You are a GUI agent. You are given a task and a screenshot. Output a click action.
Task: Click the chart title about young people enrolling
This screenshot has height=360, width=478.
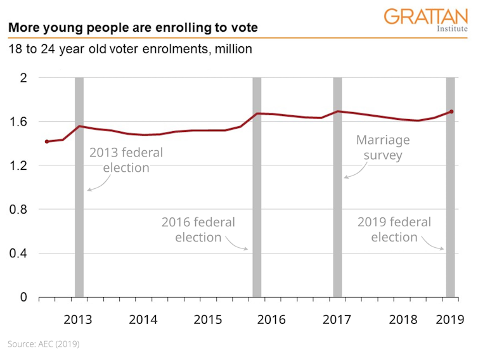tap(132, 29)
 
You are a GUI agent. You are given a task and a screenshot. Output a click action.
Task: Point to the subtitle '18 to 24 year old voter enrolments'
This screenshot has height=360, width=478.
tap(130, 49)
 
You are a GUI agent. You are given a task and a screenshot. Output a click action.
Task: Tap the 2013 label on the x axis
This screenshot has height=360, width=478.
tap(78, 319)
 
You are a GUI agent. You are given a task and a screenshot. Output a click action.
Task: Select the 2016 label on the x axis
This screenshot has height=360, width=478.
tap(271, 319)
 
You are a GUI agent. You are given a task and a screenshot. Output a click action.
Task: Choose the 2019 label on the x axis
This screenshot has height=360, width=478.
tap(448, 319)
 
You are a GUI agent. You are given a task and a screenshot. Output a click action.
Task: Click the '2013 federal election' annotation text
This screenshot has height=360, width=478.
tap(126, 160)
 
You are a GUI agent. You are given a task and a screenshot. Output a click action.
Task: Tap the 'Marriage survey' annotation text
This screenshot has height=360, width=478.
tap(382, 148)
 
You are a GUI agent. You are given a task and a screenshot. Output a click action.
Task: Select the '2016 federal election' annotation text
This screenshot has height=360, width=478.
tap(198, 230)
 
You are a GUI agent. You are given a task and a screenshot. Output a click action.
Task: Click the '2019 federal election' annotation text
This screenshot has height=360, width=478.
tap(394, 230)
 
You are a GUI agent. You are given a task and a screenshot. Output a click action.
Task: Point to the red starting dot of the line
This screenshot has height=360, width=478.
tap(46, 141)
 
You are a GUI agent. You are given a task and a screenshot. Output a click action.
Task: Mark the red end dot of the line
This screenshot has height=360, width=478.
tap(451, 112)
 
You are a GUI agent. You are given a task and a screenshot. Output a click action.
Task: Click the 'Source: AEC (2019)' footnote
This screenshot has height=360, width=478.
tap(44, 344)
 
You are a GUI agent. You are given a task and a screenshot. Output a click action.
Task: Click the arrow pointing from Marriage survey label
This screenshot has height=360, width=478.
tap(355, 170)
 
